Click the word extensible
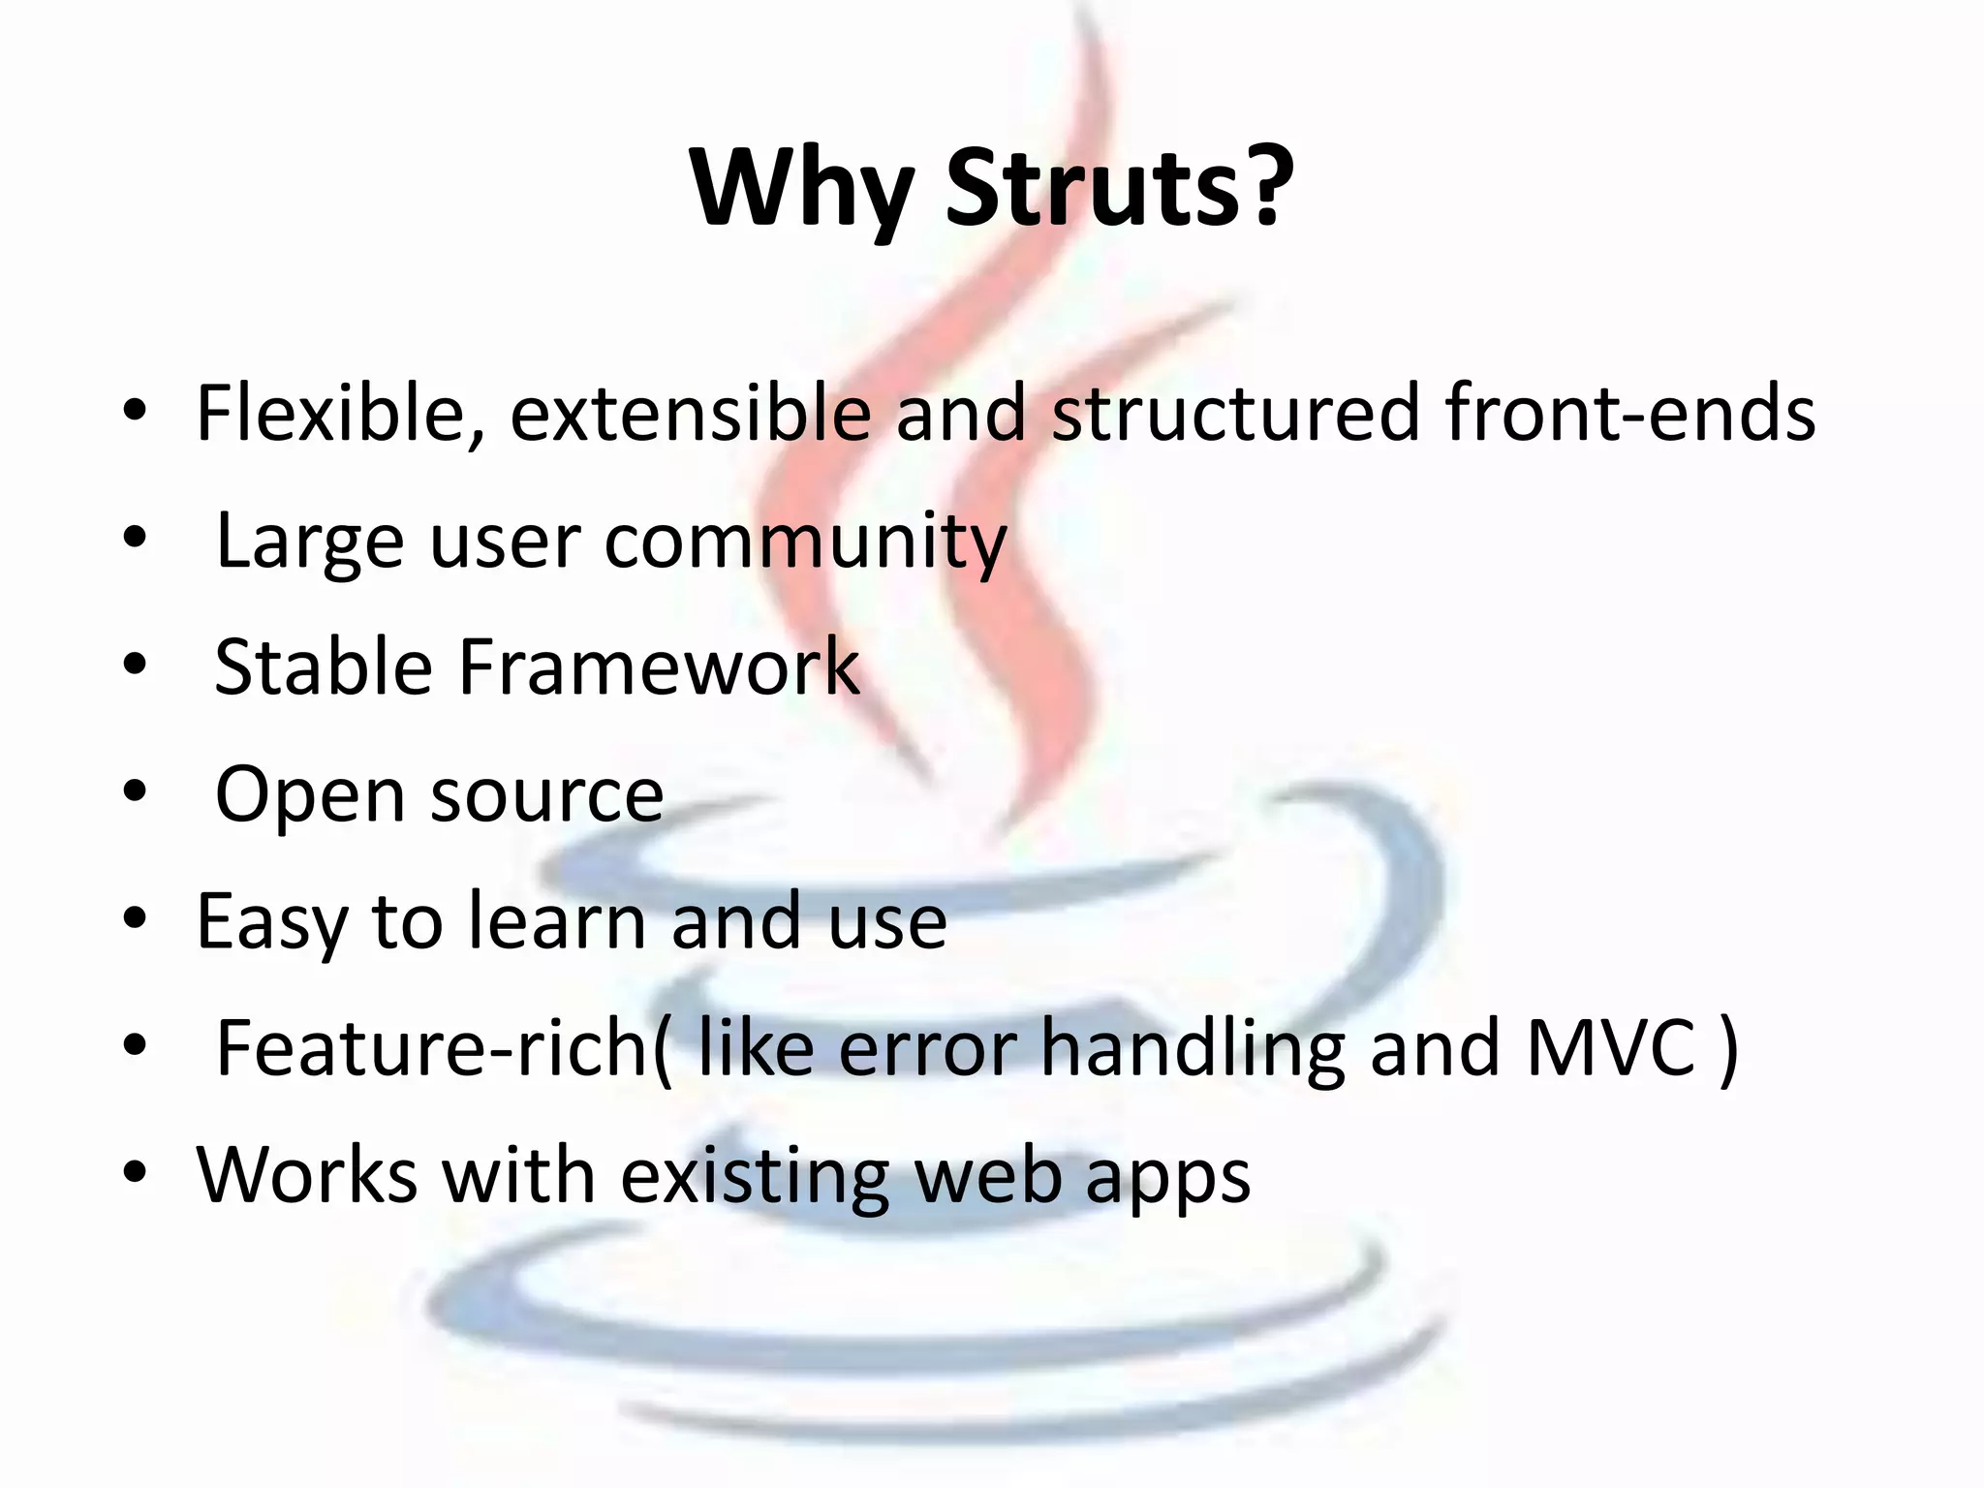point(690,413)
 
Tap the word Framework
point(658,666)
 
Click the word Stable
point(323,666)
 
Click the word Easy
point(271,922)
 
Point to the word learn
point(557,920)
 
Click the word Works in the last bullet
point(307,1175)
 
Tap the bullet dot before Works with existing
point(135,1172)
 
